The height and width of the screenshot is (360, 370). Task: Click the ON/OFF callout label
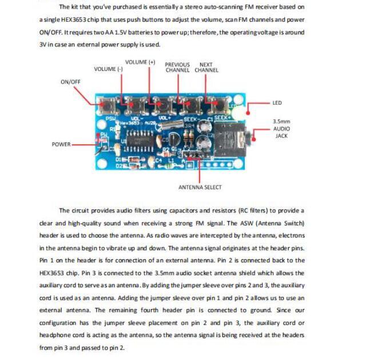(70, 82)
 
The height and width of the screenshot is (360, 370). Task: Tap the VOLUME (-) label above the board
(108, 69)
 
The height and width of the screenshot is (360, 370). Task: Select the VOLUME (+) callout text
(140, 62)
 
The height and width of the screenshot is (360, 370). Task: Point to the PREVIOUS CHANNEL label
(177, 68)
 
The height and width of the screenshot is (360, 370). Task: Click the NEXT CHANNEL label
(206, 68)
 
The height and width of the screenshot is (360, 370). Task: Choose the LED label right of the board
(277, 103)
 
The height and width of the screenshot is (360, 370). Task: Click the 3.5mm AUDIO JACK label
(281, 129)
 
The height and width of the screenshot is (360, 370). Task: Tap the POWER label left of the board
(61, 144)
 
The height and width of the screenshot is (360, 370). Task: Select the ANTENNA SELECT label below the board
(200, 187)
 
